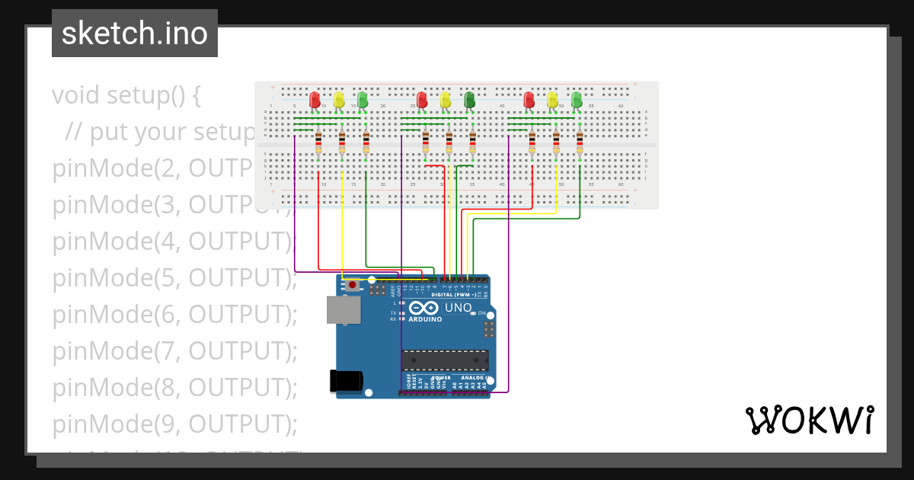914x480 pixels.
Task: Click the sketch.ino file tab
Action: point(134,34)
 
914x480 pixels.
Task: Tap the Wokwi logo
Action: point(809,420)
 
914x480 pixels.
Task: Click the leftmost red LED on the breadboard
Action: point(315,100)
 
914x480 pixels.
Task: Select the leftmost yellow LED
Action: point(339,100)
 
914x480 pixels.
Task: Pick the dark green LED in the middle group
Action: point(469,99)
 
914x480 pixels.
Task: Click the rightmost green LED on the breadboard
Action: point(577,99)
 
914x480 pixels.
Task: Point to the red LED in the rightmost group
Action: point(529,100)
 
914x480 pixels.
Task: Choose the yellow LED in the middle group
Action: point(446,100)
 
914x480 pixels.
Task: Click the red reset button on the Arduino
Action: point(352,285)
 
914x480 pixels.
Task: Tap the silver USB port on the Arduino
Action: point(344,310)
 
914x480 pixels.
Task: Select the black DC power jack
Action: point(345,381)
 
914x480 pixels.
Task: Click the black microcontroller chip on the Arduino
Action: point(445,360)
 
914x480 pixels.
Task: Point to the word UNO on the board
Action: point(458,308)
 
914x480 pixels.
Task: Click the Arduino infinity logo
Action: point(423,308)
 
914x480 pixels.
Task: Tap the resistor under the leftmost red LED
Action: point(318,142)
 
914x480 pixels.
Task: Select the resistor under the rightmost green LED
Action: point(580,142)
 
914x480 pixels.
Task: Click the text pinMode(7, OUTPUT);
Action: point(174,350)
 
